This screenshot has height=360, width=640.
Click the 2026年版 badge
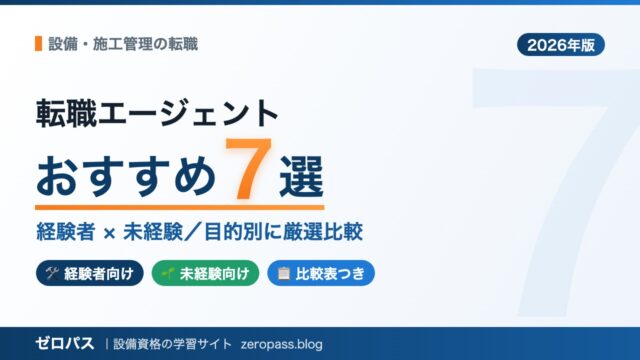pyautogui.click(x=560, y=44)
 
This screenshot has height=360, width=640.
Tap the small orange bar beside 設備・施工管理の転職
pyautogui.click(x=38, y=44)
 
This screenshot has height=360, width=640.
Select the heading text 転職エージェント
pyautogui.click(x=157, y=113)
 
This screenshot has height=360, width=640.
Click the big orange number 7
pyautogui.click(x=248, y=168)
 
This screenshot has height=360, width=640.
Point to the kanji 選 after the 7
pyautogui.click(x=302, y=177)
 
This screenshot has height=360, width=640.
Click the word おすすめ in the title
pyautogui.click(x=126, y=177)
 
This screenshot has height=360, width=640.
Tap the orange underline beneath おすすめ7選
pyautogui.click(x=180, y=207)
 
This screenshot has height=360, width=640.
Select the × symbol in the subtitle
pyautogui.click(x=109, y=234)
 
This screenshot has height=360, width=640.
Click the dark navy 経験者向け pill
pyautogui.click(x=90, y=273)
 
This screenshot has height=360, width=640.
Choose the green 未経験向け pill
pyautogui.click(x=205, y=273)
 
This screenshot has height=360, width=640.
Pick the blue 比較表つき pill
pyautogui.click(x=321, y=273)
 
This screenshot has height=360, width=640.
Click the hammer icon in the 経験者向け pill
pyautogui.click(x=52, y=273)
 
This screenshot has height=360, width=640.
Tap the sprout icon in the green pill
pyautogui.click(x=168, y=273)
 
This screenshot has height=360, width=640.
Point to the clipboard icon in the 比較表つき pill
pyautogui.click(x=283, y=273)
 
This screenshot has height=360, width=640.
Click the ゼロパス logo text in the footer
pyautogui.click(x=65, y=344)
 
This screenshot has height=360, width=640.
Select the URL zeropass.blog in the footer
pyautogui.click(x=282, y=344)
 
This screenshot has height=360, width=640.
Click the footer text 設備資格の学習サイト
pyautogui.click(x=172, y=344)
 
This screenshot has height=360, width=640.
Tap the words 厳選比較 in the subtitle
pyautogui.click(x=323, y=232)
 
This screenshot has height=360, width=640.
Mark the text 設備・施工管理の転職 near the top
pyautogui.click(x=123, y=44)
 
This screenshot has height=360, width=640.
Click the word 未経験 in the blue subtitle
pyautogui.click(x=153, y=232)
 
